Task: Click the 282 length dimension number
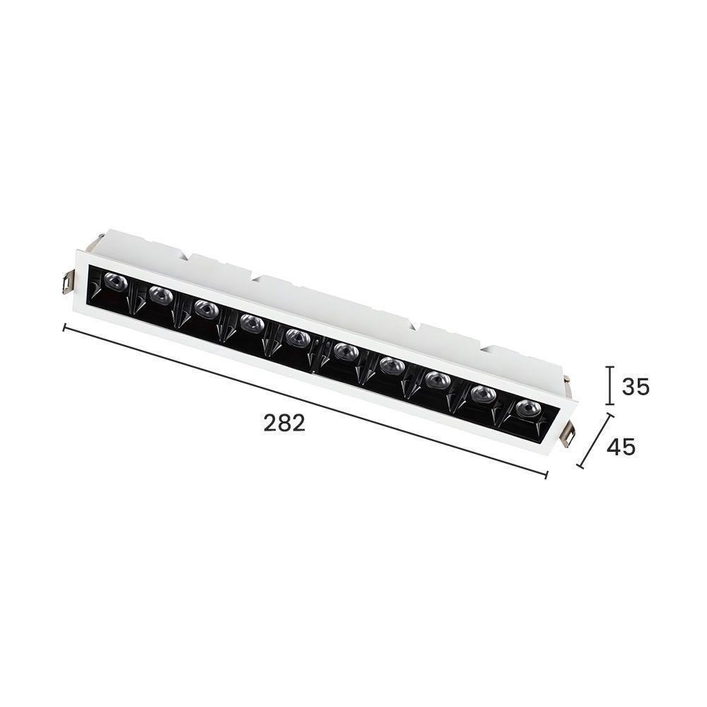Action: [284, 423]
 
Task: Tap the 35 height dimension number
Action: [635, 387]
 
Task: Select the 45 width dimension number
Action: [621, 447]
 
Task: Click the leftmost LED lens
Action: [115, 281]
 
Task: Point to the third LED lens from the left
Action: [206, 308]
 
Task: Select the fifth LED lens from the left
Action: [298, 337]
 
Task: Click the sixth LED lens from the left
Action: [344, 351]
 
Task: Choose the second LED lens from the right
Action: [483, 394]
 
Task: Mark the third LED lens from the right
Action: [438, 380]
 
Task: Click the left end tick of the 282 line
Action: [65, 327]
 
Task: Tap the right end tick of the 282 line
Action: [547, 474]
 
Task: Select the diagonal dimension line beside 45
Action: [596, 442]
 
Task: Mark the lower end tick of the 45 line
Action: [580, 467]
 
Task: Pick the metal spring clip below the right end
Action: [567, 436]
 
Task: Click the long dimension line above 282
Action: [304, 400]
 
